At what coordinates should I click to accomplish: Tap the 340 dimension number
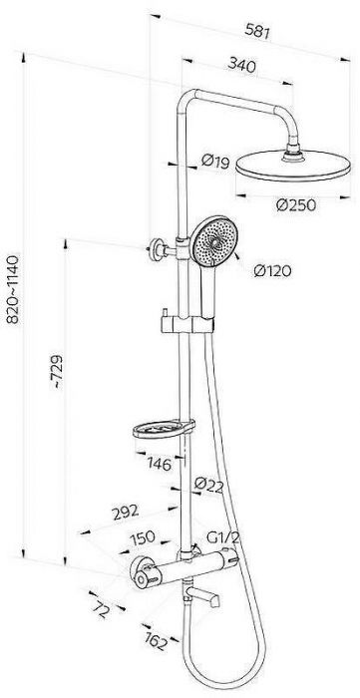(x=241, y=66)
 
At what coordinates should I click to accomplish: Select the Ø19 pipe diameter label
(x=215, y=162)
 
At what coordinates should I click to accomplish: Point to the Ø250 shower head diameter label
(x=296, y=204)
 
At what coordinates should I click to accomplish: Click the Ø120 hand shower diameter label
(x=272, y=270)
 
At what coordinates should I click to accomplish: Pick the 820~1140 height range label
(x=13, y=288)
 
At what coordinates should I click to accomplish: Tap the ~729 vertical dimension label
(x=58, y=372)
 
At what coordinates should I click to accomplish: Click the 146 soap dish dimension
(x=159, y=465)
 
